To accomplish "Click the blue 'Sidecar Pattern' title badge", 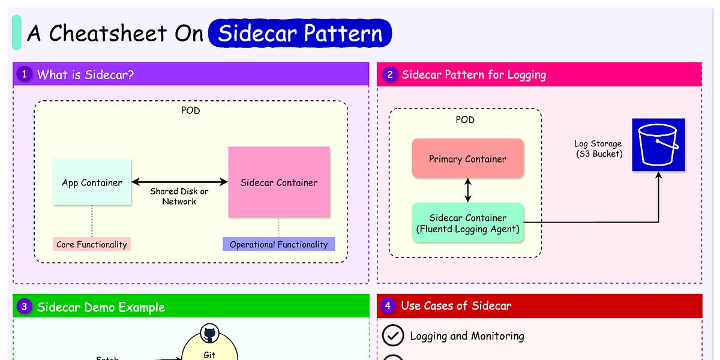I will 300,34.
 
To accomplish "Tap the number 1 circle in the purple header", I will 25,74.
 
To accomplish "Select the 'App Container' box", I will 92,182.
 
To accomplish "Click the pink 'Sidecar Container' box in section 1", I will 279,182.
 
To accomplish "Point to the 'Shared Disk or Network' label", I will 179,196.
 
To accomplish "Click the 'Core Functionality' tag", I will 92,244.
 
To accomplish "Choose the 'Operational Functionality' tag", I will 278,244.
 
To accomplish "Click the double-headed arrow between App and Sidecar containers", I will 179,182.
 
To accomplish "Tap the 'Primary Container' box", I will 467,159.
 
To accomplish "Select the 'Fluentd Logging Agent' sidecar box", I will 467,223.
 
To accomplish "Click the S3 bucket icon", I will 658,145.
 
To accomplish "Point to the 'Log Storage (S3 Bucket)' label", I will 598,148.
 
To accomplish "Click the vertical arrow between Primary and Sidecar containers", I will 468,190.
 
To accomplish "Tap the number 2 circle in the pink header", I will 389,74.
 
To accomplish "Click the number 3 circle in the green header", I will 25,307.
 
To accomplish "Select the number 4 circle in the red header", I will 388,305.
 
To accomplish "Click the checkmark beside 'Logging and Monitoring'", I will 393,336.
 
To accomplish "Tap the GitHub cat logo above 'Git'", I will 209,334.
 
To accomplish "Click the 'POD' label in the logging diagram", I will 465,119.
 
